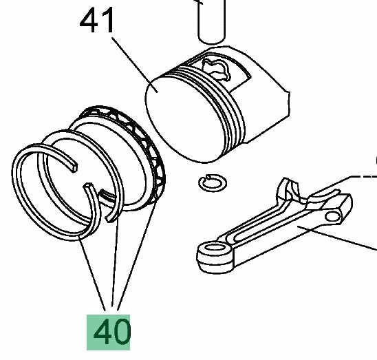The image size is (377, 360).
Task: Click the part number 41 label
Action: [x=96, y=20]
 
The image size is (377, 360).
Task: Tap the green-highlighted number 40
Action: [x=109, y=332]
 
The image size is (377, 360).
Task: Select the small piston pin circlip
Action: [x=213, y=183]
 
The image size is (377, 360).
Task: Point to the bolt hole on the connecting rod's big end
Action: [x=332, y=216]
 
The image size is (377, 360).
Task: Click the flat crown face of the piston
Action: [x=185, y=118]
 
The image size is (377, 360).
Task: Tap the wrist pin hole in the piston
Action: [x=216, y=68]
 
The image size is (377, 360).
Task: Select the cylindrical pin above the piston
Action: [x=212, y=21]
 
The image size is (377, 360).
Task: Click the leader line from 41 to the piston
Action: [x=135, y=65]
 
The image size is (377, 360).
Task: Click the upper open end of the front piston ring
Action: [x=74, y=167]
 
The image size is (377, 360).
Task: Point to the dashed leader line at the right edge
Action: [x=363, y=177]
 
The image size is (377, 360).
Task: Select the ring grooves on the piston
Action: [x=212, y=101]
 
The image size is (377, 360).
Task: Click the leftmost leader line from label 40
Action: [x=92, y=273]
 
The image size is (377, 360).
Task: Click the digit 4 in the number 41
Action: [x=89, y=21]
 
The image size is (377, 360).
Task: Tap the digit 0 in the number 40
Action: [x=121, y=332]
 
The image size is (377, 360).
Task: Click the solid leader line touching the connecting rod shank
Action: [x=337, y=238]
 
